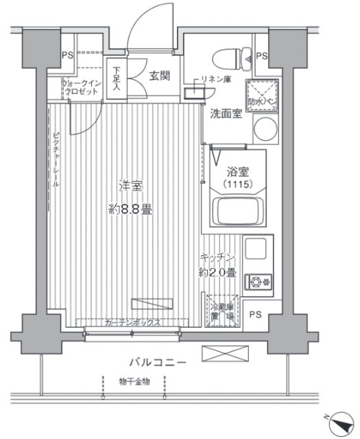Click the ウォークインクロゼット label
tap(83, 88)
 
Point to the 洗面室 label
tap(226, 114)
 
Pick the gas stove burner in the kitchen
tap(260, 281)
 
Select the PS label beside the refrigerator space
tap(255, 315)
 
